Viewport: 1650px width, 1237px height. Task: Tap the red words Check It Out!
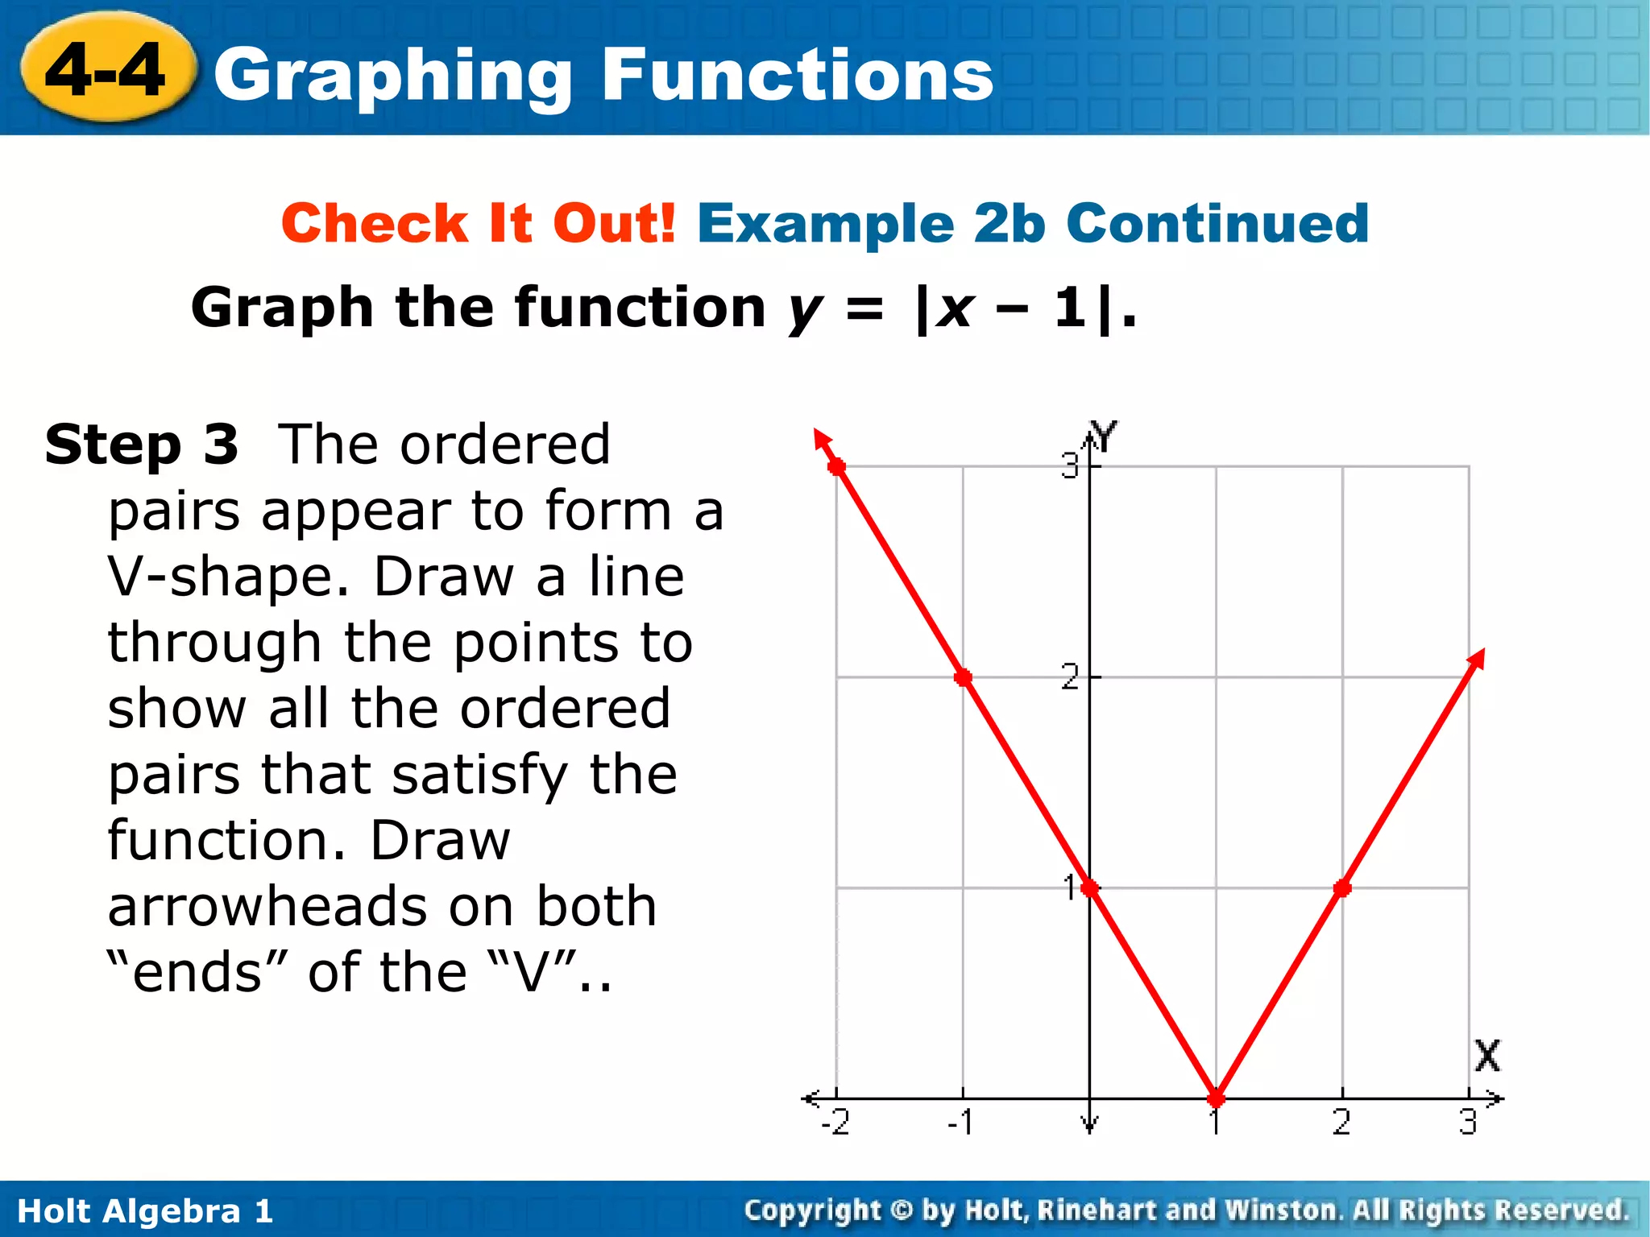(479, 223)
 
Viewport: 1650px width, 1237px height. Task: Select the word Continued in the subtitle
(1217, 223)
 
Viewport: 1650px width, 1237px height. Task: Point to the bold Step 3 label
(142, 445)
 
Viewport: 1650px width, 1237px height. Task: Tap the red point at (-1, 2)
(963, 677)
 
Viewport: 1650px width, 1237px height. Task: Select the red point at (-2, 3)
(837, 466)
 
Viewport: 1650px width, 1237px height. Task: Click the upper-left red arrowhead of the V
(821, 440)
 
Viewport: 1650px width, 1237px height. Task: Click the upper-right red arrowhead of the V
(1476, 659)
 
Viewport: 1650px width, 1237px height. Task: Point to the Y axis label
(1103, 436)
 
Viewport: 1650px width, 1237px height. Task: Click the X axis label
(1487, 1055)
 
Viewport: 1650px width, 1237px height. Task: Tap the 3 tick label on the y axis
(1069, 466)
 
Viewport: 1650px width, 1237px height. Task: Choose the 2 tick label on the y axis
(1069, 677)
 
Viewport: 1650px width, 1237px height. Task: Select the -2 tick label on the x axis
(835, 1122)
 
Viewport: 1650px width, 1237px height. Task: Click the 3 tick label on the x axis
(1468, 1122)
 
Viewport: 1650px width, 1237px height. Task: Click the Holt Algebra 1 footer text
(145, 1211)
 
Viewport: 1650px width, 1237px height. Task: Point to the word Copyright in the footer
(813, 1210)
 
